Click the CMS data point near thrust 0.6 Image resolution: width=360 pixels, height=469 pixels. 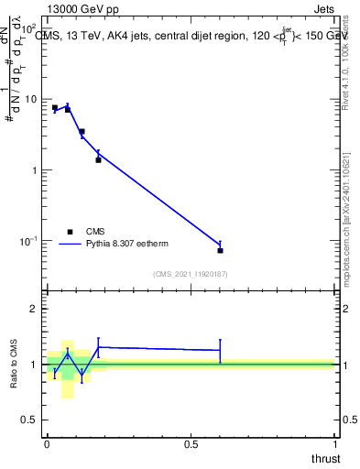pos(221,250)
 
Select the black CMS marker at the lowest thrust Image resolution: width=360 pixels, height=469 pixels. pos(55,108)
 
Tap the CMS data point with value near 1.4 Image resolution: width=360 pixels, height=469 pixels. pos(98,160)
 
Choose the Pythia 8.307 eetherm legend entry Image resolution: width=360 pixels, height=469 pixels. pos(93,244)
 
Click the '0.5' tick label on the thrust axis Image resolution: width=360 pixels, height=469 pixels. pos(191,444)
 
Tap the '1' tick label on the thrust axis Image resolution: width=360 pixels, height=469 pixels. pos(334,444)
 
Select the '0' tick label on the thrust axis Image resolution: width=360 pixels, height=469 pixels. pos(47,444)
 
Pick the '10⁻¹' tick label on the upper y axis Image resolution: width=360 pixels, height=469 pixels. pos(30,241)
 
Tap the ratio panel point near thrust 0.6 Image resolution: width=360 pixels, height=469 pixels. pos(221,350)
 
